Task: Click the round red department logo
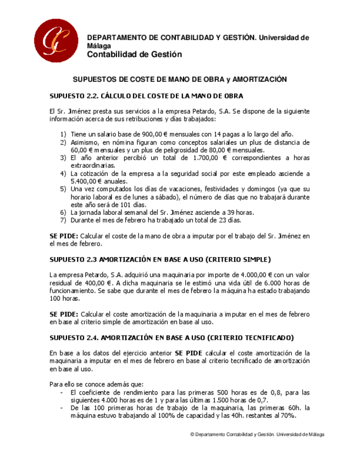point(56,41)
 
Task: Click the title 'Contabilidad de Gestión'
point(135,54)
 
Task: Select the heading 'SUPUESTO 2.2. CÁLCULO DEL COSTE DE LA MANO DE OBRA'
point(146,96)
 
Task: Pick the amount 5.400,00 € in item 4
point(90,181)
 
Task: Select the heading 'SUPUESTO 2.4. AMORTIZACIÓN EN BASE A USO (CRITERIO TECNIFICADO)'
point(171,337)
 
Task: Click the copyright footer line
point(257,434)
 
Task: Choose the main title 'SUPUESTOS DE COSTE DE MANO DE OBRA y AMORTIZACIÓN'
point(180,80)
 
